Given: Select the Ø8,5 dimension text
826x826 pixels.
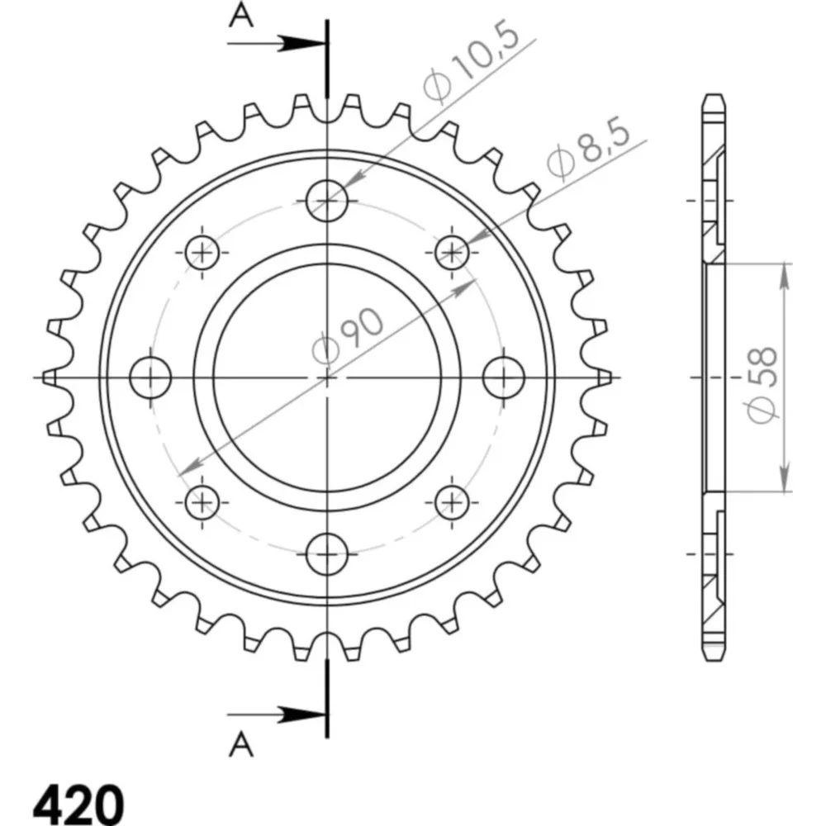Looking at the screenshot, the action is point(587,149).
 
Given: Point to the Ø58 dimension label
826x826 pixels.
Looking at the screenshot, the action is point(762,385).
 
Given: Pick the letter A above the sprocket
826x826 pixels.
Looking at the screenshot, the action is point(240,16).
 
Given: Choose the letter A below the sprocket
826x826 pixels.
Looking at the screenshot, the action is point(240,744).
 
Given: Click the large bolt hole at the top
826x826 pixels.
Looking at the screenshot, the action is point(327,201).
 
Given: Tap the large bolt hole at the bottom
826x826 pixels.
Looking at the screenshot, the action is point(327,554).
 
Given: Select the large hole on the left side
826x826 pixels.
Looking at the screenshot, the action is point(150,377).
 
